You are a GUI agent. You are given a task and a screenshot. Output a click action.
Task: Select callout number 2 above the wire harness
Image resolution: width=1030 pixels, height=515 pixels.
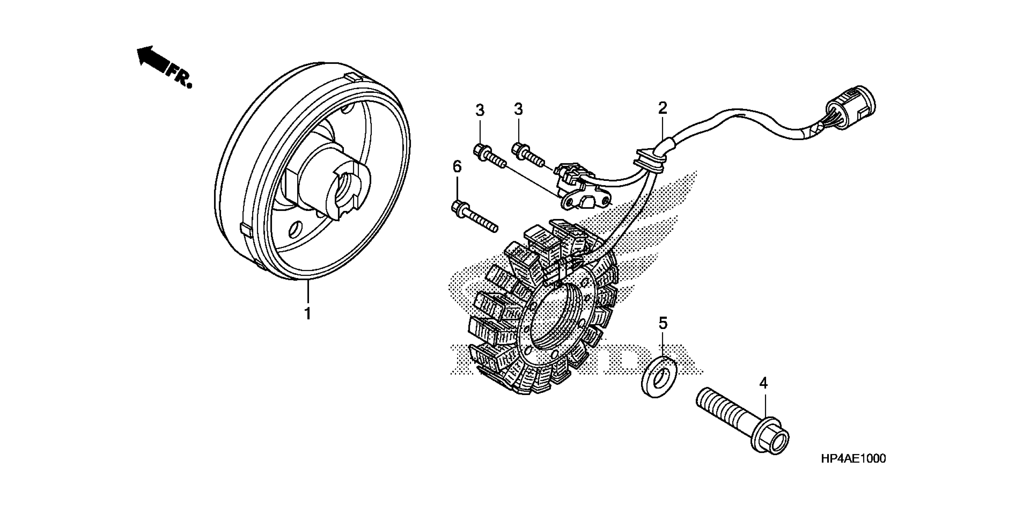coord(663,108)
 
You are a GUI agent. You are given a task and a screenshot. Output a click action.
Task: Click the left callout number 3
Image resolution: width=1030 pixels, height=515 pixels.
coord(480,110)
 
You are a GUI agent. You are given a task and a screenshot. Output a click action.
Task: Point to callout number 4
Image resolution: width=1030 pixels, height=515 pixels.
coord(763,383)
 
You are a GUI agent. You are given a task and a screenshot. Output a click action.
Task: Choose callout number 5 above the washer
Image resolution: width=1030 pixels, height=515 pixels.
coord(663,323)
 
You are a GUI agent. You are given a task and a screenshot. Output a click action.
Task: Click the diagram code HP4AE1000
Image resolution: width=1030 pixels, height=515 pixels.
coord(853,459)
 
